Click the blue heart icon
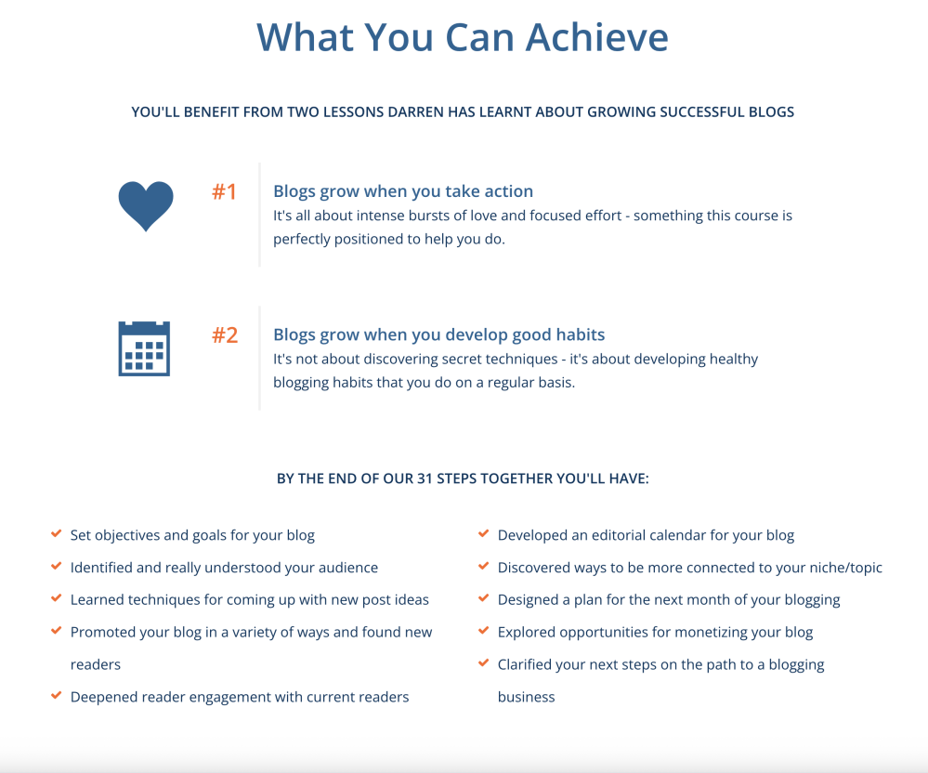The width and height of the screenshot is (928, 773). (146, 205)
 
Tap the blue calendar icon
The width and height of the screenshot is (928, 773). (144, 348)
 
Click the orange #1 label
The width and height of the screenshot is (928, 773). (224, 191)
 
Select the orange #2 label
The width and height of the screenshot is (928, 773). (225, 335)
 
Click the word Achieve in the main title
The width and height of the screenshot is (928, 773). (597, 37)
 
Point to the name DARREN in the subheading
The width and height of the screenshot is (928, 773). (415, 111)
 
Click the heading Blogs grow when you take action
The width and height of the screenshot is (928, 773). (403, 191)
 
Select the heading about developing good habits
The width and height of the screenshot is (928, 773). (438, 335)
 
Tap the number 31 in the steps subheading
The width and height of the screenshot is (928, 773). (425, 478)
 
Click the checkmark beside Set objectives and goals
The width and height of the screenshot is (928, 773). (57, 534)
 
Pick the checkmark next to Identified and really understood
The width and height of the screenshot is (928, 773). (57, 567)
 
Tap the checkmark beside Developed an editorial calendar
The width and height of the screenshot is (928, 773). (484, 534)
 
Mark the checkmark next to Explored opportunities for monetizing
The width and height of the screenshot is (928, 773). (484, 631)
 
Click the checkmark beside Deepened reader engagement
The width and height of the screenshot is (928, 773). (57, 696)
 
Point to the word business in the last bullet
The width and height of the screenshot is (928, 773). (526, 697)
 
